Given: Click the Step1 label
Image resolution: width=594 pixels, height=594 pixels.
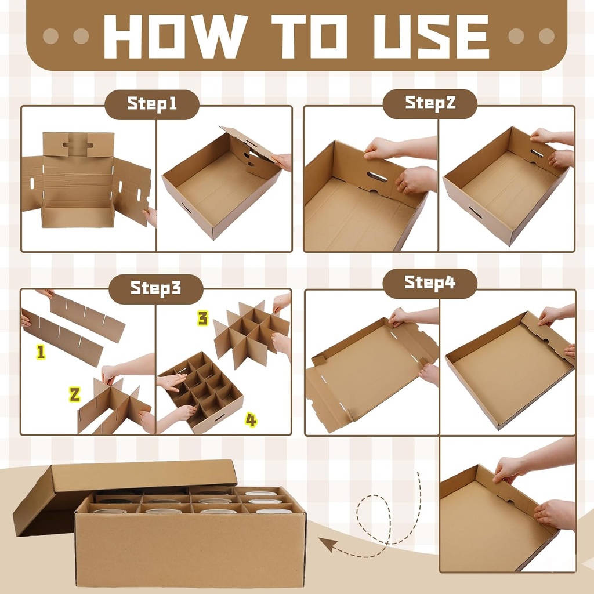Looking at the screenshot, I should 151,104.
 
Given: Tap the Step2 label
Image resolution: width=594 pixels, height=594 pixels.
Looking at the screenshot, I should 430,104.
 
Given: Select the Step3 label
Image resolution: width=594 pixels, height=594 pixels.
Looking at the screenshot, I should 155,288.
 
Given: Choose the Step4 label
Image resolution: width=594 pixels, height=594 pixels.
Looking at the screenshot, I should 430,283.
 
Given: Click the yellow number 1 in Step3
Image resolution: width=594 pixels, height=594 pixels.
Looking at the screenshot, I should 41,353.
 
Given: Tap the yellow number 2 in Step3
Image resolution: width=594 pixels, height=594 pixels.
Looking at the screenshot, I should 74,394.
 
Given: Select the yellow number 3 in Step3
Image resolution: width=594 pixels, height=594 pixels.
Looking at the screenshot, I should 202,318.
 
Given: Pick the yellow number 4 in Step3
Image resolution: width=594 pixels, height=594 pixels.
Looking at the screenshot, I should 251,421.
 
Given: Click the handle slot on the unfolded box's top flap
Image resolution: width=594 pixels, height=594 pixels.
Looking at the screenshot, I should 78,143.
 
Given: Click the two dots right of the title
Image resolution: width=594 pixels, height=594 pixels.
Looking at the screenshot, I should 531,36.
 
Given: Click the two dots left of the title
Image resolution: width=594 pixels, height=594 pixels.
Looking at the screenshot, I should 66,36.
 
